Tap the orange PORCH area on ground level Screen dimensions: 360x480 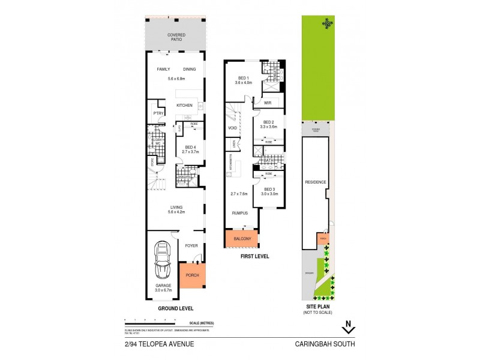[193, 275]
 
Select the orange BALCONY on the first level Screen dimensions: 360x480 [241, 239]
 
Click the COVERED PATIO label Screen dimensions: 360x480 [176, 37]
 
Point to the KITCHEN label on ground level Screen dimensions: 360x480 [184, 106]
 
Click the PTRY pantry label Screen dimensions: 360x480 [158, 113]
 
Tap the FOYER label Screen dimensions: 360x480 [191, 245]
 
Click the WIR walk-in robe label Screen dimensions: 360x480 [268, 103]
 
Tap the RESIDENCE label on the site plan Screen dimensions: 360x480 [315, 182]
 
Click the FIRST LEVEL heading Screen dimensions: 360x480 [255, 256]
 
